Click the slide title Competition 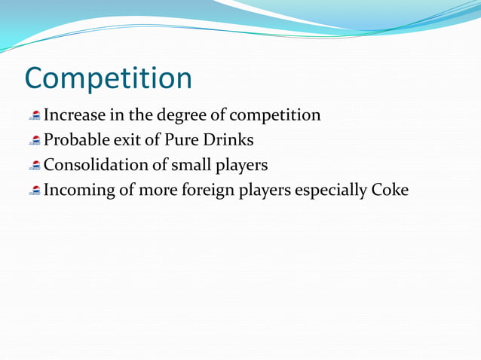(x=108, y=78)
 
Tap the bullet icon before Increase (x=35, y=116)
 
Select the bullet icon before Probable (x=35, y=141)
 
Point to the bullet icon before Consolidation (x=35, y=166)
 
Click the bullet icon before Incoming (x=35, y=191)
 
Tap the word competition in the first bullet (x=276, y=116)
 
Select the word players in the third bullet (x=241, y=166)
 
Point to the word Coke (x=389, y=191)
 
